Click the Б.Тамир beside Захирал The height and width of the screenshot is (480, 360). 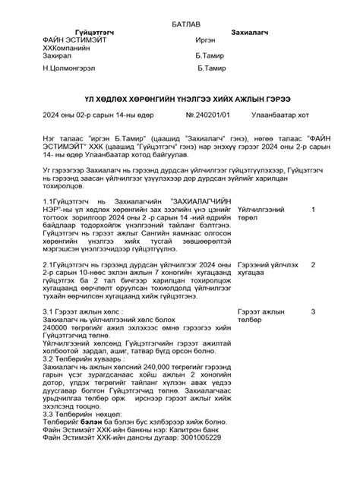click(x=210, y=56)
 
